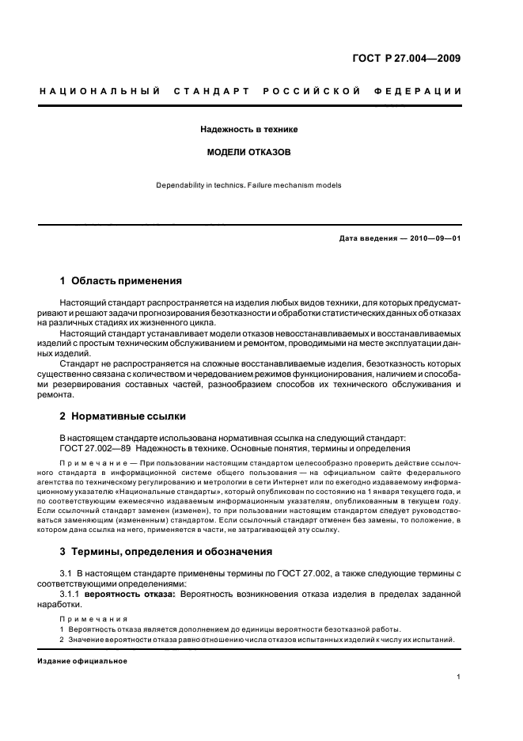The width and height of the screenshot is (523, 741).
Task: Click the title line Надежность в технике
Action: pyautogui.click(x=248, y=128)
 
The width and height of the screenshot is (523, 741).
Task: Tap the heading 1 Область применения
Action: pyautogui.click(x=121, y=280)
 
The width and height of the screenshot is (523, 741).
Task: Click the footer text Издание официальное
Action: pyautogui.click(x=82, y=661)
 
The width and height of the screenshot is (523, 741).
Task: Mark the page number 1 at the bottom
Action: pyautogui.click(x=459, y=678)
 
